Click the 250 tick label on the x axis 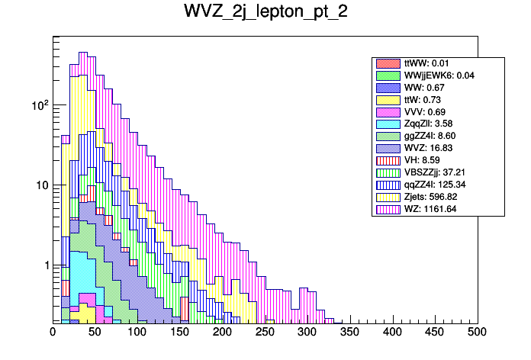(x=265, y=333)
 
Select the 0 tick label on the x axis (x=53, y=333)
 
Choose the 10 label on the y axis (x=41, y=185)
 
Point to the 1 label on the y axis (x=44, y=265)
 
